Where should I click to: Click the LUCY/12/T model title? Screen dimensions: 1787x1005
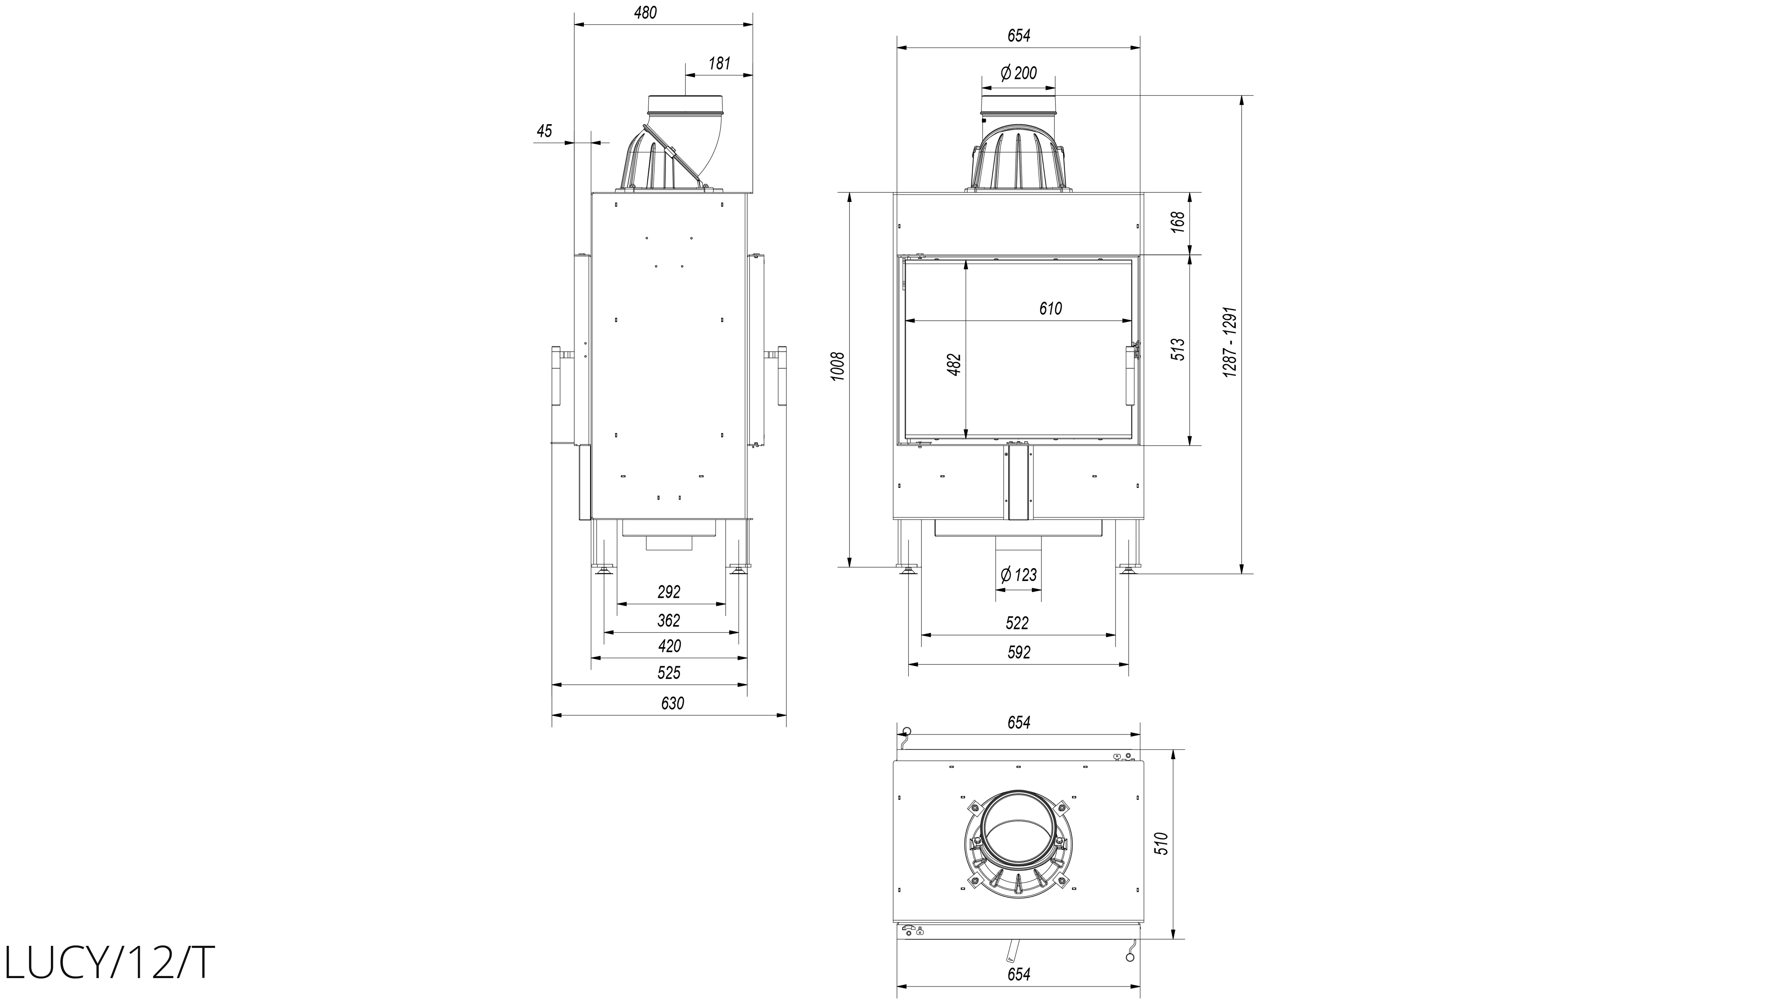pos(110,963)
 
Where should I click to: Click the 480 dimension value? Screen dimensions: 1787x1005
pos(645,12)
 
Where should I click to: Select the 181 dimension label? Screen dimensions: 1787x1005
pos(720,64)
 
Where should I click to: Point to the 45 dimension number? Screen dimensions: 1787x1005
pos(544,130)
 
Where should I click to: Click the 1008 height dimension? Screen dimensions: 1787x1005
pos(838,365)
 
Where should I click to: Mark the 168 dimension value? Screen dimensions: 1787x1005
pos(1179,222)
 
